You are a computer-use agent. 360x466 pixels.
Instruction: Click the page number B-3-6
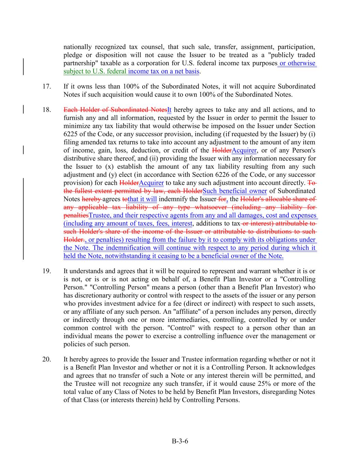point(180,441)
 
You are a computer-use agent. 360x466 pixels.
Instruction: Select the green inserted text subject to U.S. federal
point(95,71)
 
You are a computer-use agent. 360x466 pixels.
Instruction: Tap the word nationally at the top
point(77,47)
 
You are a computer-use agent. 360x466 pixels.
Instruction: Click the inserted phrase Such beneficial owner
point(234,191)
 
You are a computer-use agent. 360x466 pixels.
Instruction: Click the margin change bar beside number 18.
point(23,110)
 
